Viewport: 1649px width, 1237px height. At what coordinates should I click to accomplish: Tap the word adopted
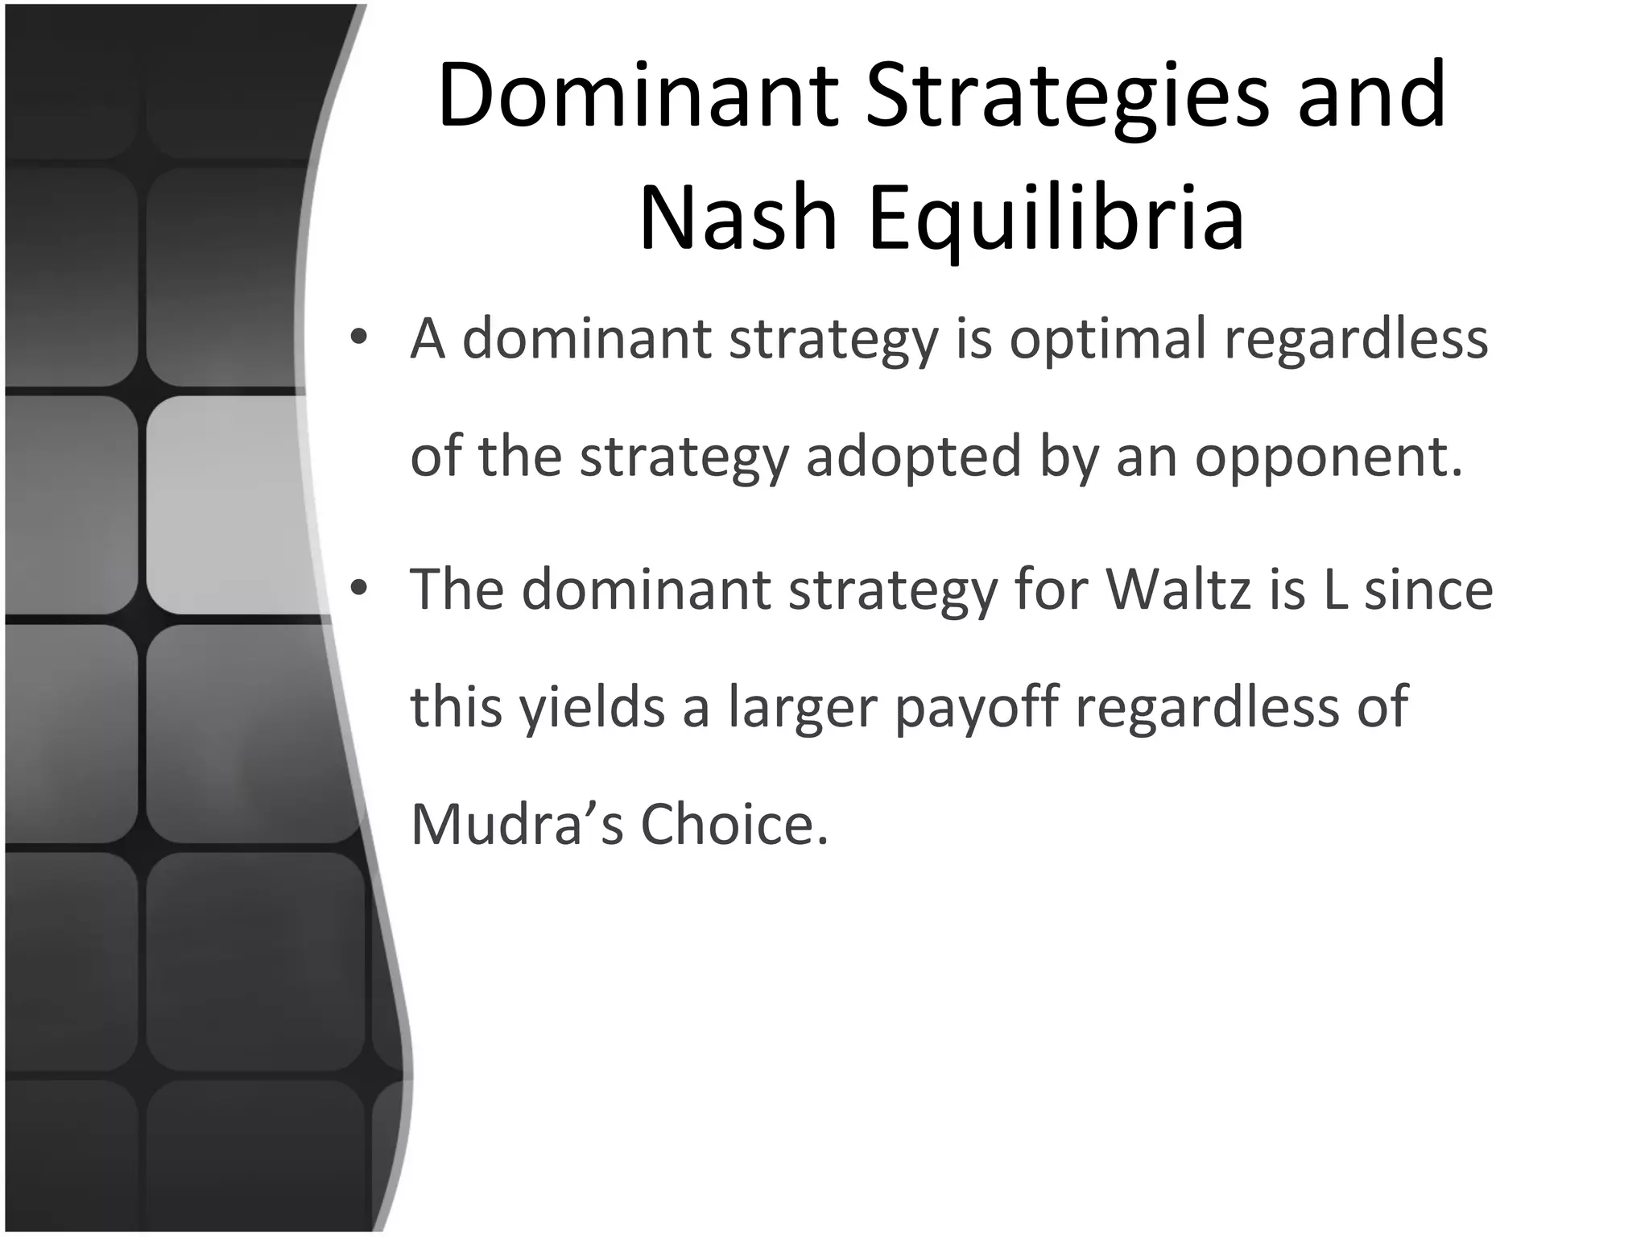click(x=913, y=457)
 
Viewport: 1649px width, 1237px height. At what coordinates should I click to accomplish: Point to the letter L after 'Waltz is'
click(x=1334, y=589)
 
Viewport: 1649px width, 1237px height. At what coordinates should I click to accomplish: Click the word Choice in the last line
click(x=734, y=825)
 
